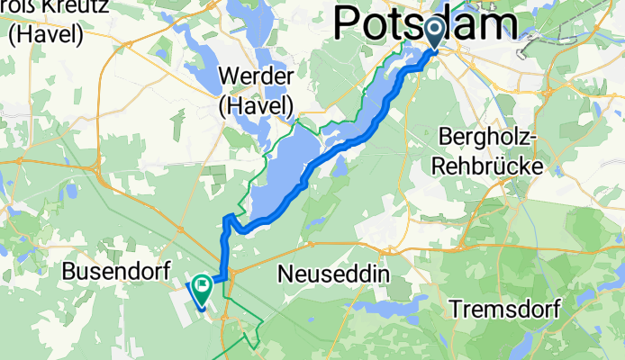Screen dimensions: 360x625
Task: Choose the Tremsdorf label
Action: point(503,310)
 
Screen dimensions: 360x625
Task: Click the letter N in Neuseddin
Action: point(287,271)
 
